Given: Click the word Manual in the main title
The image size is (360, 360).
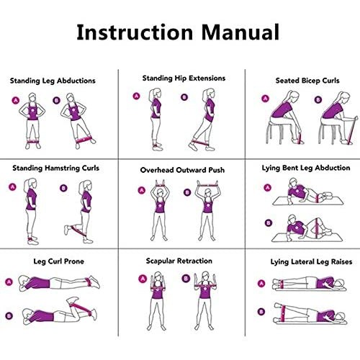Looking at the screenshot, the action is click(x=240, y=32).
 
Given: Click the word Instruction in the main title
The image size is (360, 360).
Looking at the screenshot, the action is click(x=135, y=32).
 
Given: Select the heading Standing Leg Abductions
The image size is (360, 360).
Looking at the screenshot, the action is click(x=53, y=81).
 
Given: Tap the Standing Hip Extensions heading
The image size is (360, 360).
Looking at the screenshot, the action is click(x=184, y=78).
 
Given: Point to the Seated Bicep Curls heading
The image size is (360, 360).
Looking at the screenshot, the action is click(x=307, y=81).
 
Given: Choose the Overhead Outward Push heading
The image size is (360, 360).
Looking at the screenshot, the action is click(x=182, y=170).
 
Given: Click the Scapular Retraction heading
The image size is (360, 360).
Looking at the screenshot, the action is click(x=179, y=261).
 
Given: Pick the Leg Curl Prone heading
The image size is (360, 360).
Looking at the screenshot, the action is click(x=58, y=261).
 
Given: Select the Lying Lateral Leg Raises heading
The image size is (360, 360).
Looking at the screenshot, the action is click(x=311, y=262).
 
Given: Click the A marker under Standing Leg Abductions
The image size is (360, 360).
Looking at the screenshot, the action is click(x=16, y=100).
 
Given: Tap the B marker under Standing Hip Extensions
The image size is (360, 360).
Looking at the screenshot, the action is click(x=184, y=97).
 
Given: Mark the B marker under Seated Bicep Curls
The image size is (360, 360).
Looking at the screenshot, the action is click(x=318, y=99).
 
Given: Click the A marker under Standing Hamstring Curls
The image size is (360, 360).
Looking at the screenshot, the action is click(x=12, y=187).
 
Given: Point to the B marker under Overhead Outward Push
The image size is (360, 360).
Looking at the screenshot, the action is click(x=187, y=192).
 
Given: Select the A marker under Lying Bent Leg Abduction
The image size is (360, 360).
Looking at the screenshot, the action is click(x=267, y=188).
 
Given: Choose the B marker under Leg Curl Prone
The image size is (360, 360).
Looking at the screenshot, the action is click(x=9, y=315).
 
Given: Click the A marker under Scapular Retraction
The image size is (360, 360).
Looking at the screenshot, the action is click(x=143, y=279).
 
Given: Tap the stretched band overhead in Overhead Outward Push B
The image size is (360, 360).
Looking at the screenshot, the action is click(x=208, y=185).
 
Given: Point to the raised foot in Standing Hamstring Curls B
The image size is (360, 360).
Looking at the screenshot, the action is click(x=67, y=230).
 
